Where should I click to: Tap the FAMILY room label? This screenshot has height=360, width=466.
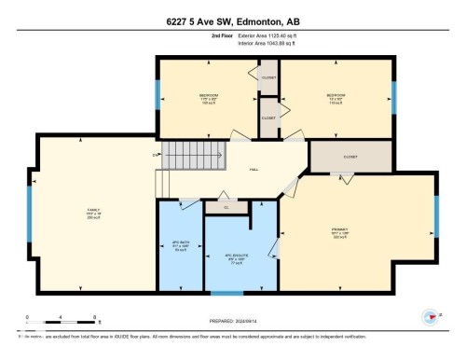93,214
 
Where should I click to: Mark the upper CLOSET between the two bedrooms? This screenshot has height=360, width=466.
268,77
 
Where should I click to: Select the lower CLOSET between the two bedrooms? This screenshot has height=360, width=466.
268,118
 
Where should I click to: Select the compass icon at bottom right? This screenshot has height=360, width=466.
431,317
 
